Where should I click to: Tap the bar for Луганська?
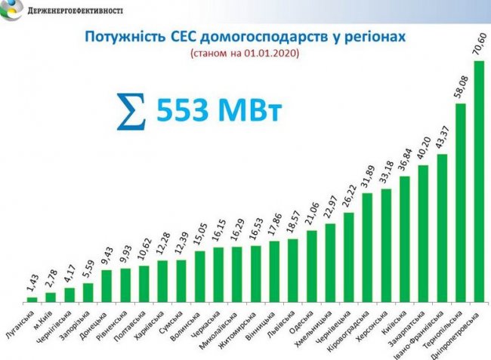[32, 300]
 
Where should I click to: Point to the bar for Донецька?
[107, 286]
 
